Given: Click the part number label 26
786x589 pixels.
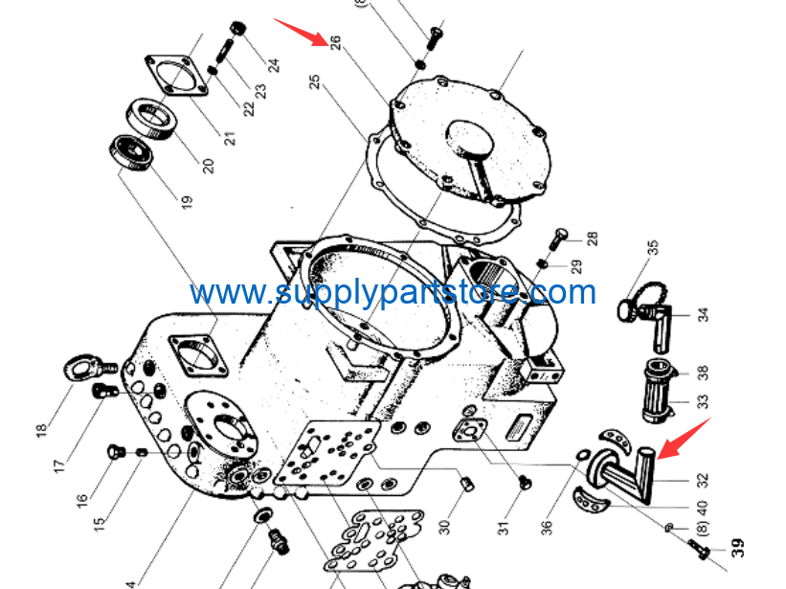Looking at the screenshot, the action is click(336, 42).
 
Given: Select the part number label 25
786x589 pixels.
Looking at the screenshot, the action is click(314, 81).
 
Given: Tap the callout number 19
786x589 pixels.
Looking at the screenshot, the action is click(187, 202).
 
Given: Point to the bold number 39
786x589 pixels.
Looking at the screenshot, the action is click(736, 548).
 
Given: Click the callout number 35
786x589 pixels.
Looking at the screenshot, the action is click(652, 248).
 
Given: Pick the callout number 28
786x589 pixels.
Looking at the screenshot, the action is click(592, 238).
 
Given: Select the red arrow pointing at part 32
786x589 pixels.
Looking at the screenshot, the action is click(684, 438).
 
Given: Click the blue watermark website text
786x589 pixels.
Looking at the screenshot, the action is click(393, 292).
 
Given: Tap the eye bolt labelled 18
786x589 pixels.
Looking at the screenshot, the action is click(90, 369).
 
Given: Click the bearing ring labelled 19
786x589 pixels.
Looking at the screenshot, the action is click(131, 153).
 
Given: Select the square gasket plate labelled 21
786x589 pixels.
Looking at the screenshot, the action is click(176, 76).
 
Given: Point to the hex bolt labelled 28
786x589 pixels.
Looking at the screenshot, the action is click(558, 239).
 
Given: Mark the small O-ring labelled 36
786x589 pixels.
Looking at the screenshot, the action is click(583, 455).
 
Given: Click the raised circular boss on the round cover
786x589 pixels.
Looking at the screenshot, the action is click(470, 137).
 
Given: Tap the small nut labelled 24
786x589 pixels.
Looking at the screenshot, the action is click(238, 29).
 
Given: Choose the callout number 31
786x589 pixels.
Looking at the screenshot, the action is click(504, 528).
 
